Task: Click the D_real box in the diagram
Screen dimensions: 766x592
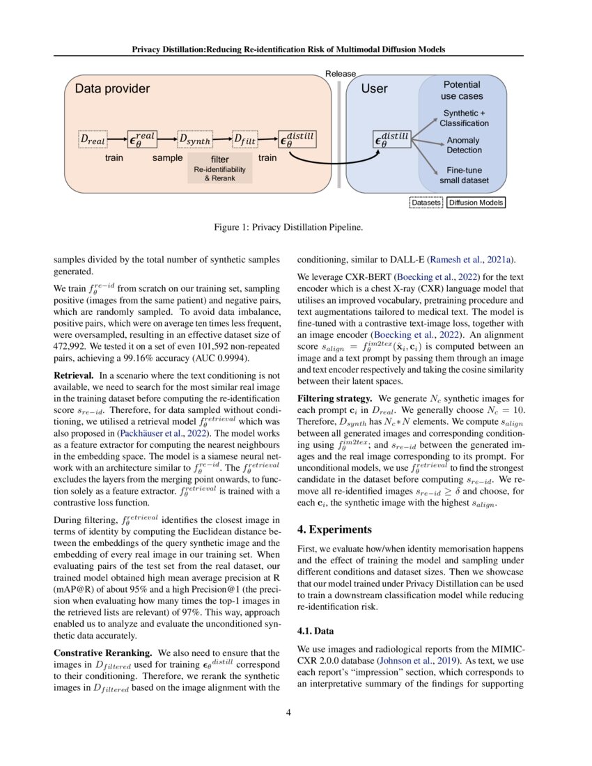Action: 93,140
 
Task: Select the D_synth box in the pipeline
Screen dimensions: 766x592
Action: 194,140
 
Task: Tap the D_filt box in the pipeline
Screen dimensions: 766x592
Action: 244,140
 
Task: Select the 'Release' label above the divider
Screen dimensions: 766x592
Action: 341,74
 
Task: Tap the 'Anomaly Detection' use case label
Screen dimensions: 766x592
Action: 464,145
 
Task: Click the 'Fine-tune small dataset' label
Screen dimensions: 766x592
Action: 464,175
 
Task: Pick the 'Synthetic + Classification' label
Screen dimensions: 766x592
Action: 464,118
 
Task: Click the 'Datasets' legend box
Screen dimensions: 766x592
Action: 426,203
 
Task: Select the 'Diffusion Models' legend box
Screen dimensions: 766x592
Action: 476,203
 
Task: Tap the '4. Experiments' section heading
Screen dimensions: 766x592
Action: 342,510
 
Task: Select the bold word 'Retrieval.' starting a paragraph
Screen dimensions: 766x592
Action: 77,375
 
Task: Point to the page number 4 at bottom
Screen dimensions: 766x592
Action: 295,712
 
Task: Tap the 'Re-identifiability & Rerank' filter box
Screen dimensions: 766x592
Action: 219,169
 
